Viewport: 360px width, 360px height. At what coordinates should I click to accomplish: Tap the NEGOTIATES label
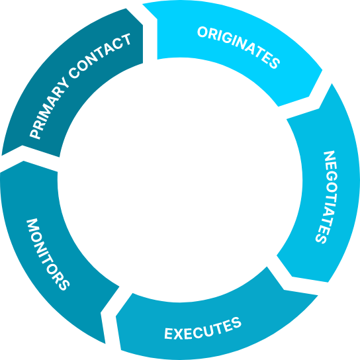(x=327, y=197)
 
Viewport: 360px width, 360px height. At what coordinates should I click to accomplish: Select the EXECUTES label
(x=203, y=328)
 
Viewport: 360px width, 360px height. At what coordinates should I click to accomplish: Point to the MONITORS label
(x=48, y=254)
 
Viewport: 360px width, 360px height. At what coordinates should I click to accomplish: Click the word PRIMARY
(x=49, y=109)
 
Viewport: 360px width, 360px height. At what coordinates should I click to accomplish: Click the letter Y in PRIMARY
(x=62, y=84)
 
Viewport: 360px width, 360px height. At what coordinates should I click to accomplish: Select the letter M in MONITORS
(x=32, y=225)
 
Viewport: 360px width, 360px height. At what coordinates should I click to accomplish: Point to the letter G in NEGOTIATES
(x=331, y=179)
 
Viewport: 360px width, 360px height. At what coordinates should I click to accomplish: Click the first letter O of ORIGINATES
(x=202, y=32)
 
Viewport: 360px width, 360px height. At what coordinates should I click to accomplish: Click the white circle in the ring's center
(x=180, y=180)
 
